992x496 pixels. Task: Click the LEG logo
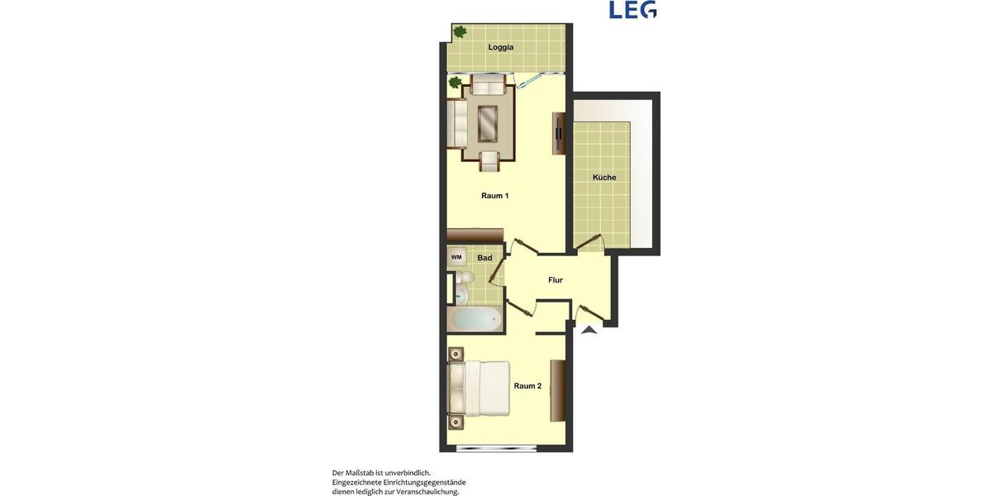click(632, 10)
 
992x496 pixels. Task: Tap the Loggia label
click(500, 47)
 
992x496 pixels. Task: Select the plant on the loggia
click(460, 32)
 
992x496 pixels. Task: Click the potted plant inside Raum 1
click(454, 83)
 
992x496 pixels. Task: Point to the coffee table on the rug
click(489, 123)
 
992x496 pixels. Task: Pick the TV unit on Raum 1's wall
click(560, 132)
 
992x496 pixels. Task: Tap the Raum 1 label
click(494, 196)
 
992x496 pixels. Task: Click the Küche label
click(603, 178)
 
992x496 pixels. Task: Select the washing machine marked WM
click(456, 257)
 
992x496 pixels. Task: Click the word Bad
click(484, 258)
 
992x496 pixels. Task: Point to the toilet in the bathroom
click(461, 292)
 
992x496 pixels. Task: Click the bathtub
click(475, 319)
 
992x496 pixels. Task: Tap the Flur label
click(556, 280)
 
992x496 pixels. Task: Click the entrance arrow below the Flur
click(588, 331)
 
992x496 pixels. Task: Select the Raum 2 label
click(527, 386)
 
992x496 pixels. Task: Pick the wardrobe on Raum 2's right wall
click(559, 390)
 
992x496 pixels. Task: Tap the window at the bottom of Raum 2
click(496, 449)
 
